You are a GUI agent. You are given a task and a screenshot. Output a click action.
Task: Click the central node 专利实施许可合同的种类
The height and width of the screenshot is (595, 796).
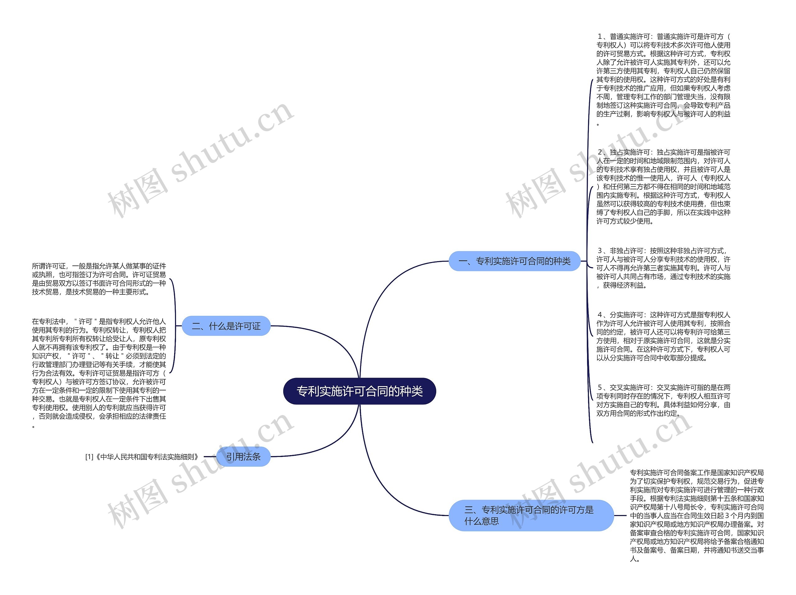point(359,391)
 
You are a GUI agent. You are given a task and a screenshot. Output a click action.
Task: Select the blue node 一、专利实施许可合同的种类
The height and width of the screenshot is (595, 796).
point(514,261)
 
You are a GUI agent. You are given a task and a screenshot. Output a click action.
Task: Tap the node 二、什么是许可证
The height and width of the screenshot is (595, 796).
point(226,326)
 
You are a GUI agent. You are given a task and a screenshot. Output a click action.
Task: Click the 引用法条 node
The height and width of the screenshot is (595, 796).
point(243,456)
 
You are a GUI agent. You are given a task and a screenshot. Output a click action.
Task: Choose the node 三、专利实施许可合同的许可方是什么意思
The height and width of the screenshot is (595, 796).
point(531,515)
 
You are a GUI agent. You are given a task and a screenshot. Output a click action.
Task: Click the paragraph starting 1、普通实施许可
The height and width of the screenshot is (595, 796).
point(663,80)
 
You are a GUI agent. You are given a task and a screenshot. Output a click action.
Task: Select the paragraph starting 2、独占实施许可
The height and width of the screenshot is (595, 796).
point(663,186)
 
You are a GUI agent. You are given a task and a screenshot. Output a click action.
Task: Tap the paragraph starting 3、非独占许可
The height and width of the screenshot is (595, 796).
point(663,268)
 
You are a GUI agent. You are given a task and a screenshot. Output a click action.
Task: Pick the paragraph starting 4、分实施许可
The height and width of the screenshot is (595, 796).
point(663,336)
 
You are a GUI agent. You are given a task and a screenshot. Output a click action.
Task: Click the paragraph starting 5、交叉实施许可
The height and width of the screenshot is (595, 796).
point(663,400)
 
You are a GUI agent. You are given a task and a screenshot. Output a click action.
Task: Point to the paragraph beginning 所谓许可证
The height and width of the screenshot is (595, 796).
point(99,279)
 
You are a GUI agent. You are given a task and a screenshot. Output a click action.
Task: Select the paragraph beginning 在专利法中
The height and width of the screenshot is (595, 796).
point(99,373)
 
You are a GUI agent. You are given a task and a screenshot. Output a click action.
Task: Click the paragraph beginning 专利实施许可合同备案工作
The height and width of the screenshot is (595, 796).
point(697,515)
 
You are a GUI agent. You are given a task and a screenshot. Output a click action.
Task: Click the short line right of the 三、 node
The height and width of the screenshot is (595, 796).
point(620,515)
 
